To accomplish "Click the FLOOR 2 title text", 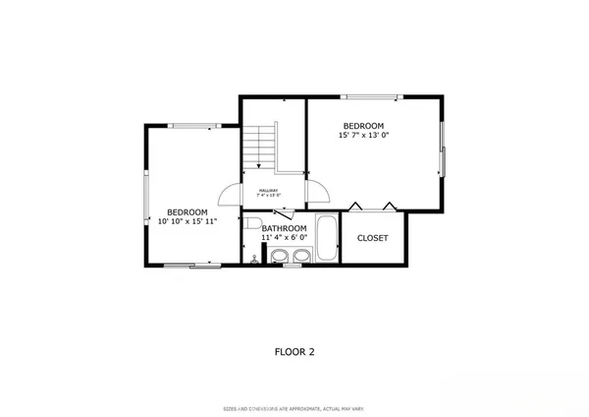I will [294, 350].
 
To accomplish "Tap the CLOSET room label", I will [372, 238].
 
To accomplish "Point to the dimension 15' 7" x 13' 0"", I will [363, 137].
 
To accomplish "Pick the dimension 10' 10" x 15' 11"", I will [187, 222].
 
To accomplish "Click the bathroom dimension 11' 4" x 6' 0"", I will [285, 238].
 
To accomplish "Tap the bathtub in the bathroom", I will [326, 238].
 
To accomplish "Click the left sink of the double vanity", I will [279, 258].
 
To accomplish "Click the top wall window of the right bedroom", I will [372, 96].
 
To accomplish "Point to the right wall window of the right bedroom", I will [443, 149].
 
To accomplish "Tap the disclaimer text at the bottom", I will [294, 407].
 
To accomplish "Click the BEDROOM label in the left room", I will [187, 212].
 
